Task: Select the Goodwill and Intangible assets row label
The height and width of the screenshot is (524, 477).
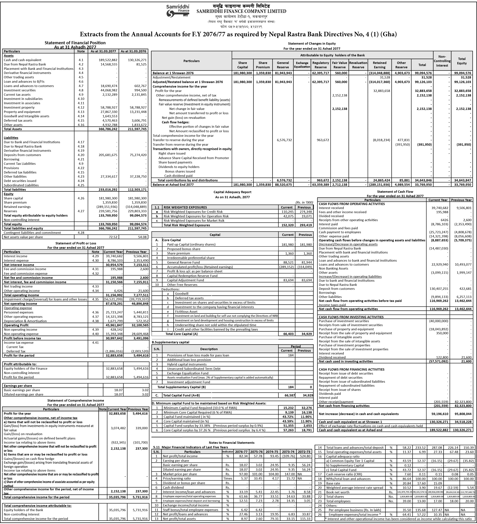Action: click(x=26, y=116)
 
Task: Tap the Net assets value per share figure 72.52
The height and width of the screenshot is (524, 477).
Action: click(x=112, y=237)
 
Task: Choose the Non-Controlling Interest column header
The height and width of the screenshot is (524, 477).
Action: click(x=442, y=61)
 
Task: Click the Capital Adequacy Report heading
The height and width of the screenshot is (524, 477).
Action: click(x=232, y=192)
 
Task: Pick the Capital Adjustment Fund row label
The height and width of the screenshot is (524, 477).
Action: click(x=185, y=280)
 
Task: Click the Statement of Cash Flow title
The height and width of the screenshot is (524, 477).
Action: click(x=395, y=192)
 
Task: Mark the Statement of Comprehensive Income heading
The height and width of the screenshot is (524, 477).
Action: click(x=75, y=400)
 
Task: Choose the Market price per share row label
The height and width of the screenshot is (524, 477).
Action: click(x=180, y=474)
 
